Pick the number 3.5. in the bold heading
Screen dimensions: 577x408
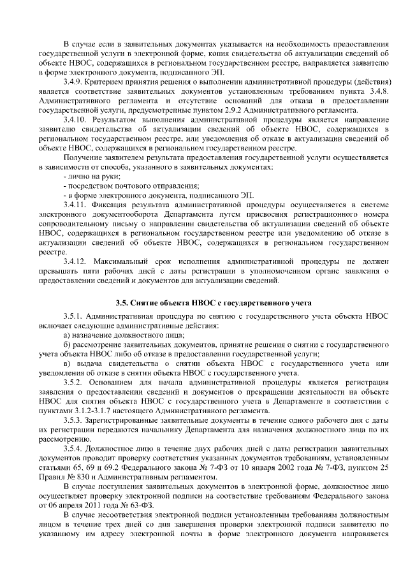(x=122, y=302)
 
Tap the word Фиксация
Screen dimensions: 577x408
(x=115, y=203)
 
